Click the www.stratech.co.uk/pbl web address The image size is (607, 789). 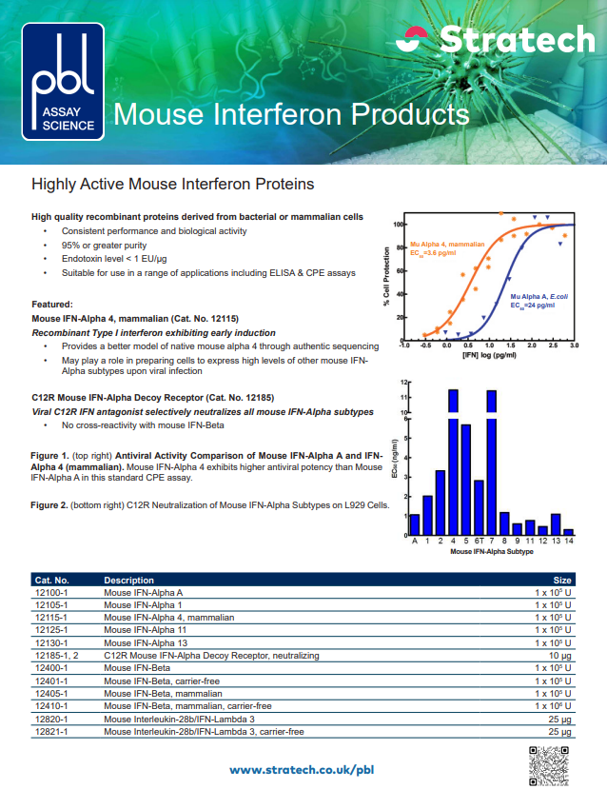point(302,768)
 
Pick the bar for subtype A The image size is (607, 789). point(415,523)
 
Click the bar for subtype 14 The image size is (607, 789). point(569,531)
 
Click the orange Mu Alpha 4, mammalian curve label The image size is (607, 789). point(447,245)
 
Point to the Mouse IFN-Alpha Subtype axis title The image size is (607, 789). point(492,551)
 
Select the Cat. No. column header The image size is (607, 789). point(51,580)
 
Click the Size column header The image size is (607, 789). point(562,580)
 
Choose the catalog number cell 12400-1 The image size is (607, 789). point(52,669)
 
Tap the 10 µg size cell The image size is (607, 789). point(560,656)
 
